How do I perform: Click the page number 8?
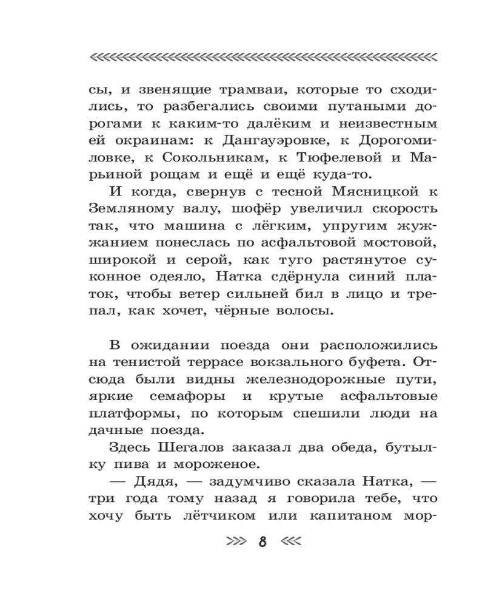coord(263,541)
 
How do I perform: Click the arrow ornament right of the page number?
coord(289,541)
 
